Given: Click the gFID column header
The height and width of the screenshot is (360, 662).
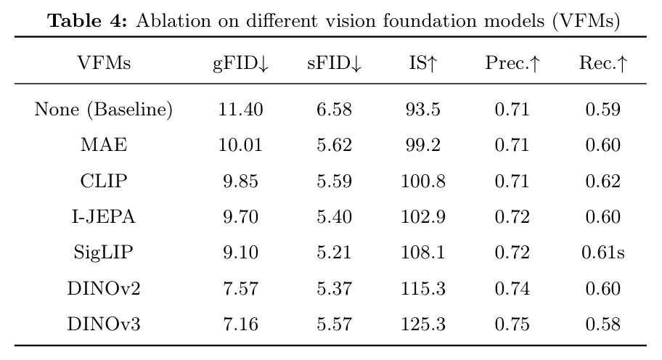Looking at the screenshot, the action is [241, 64].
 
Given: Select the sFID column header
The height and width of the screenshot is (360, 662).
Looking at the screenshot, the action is [335, 64].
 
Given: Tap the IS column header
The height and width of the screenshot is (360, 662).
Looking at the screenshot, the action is [423, 63].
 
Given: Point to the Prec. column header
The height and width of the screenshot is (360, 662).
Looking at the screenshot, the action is [512, 63].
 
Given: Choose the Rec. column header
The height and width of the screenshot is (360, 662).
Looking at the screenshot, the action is [603, 63].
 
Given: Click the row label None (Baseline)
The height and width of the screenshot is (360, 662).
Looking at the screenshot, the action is [103, 110].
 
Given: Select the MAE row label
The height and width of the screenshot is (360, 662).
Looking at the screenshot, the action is [104, 144].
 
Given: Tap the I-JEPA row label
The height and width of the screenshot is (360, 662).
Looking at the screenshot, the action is [103, 216].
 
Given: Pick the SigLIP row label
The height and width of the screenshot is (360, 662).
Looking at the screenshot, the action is [103, 253].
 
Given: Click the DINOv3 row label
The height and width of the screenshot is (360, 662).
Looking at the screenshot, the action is [103, 324].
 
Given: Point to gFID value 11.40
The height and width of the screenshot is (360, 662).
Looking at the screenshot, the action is [241, 110].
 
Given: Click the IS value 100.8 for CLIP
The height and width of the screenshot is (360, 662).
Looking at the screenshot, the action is [423, 181].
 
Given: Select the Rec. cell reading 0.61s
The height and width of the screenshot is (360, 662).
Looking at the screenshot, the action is [603, 253].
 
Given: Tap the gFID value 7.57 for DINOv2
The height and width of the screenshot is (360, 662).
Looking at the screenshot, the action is [241, 289].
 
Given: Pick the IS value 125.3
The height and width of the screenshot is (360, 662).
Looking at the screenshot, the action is [423, 324].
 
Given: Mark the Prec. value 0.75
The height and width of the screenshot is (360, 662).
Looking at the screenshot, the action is [512, 324].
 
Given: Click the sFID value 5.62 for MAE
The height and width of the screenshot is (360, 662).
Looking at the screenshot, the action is [335, 145].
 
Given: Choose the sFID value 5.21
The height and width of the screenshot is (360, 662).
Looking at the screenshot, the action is [335, 253].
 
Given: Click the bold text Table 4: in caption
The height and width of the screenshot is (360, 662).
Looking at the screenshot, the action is [87, 20].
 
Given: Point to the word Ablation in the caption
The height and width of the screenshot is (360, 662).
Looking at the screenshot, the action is [173, 20].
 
